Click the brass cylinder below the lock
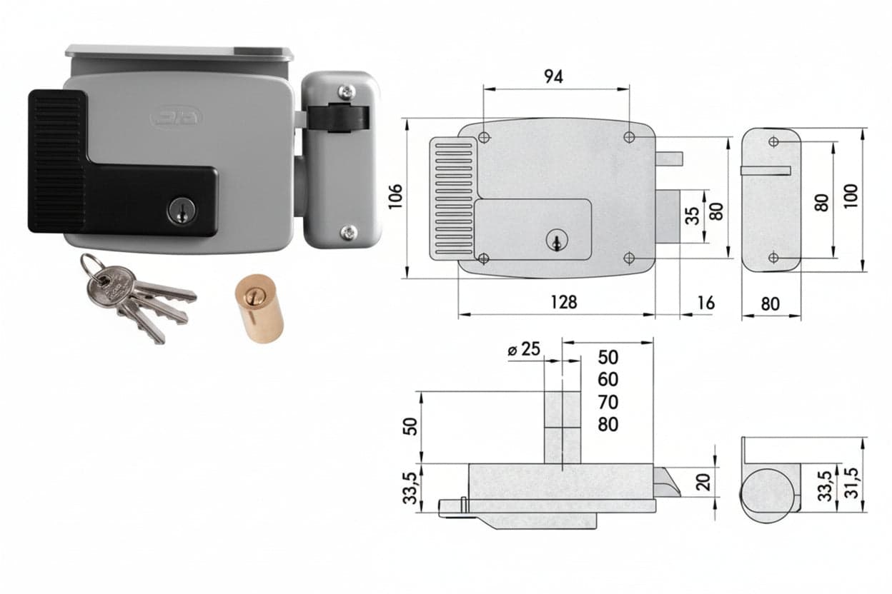pos(259,308)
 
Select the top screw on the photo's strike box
pos(347,92)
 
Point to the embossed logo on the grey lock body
pos(176,118)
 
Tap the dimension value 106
pos(395,196)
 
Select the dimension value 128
pos(563,303)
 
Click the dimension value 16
pos(705,303)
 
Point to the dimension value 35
pos(693,216)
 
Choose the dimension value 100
pos(851,196)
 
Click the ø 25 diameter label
pos(524,350)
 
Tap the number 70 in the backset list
pos(608,402)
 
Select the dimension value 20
pos(705,482)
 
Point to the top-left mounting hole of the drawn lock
pos(484,138)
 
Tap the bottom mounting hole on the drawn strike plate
pos(773,258)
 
